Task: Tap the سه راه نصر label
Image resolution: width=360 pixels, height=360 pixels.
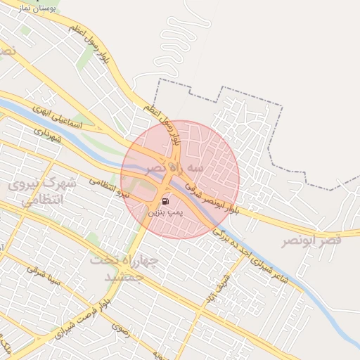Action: [175, 169]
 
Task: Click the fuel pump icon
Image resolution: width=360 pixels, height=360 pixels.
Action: [165, 201]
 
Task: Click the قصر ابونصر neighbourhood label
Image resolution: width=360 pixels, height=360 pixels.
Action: [311, 241]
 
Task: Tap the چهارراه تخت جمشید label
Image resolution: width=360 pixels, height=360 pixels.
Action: [122, 268]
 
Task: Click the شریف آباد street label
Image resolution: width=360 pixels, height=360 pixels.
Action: [212, 290]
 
